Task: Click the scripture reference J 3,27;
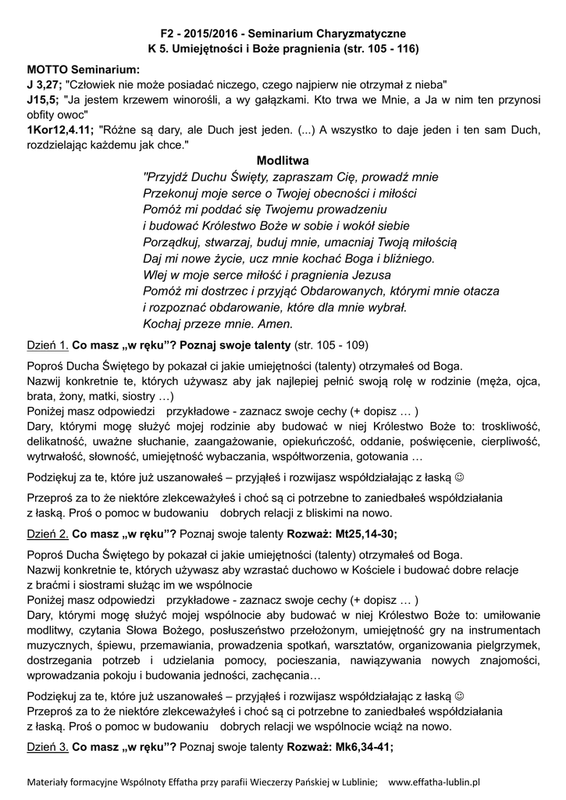point(44,84)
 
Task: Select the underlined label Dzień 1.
point(48,345)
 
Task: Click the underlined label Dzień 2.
point(48,534)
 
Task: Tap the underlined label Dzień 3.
point(48,746)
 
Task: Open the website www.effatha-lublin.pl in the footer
point(434,780)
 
